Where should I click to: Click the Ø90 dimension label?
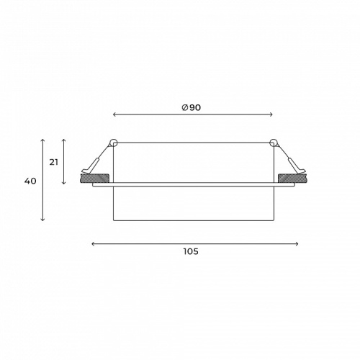(x=191, y=107)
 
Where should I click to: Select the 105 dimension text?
(x=191, y=251)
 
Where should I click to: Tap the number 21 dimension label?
(x=54, y=162)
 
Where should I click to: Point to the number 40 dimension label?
(x=30, y=181)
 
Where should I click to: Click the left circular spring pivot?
(x=114, y=143)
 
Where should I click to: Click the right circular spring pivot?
(x=274, y=143)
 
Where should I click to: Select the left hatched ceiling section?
(x=94, y=179)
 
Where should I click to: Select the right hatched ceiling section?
(x=292, y=179)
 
